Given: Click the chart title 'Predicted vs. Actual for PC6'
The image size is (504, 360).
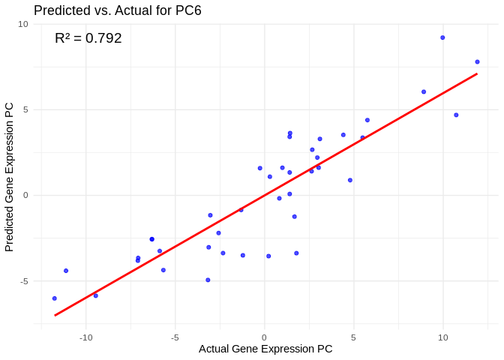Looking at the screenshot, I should pos(118,10).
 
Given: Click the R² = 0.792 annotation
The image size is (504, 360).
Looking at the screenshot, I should pos(88,38).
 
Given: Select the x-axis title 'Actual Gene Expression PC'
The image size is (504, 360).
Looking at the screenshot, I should pos(265,349).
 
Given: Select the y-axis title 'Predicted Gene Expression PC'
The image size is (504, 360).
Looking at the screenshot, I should pos(10,177).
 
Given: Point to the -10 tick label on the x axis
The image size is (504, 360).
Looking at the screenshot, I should pos(85,337).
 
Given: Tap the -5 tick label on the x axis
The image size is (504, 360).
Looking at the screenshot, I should pos(175,337).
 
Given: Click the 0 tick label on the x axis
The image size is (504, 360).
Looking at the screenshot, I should pos(264,337).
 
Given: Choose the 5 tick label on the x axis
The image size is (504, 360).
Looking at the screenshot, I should pos(353,337).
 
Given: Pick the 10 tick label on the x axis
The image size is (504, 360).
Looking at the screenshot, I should pos(442,337).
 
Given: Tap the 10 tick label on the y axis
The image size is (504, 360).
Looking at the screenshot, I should pos(23,24).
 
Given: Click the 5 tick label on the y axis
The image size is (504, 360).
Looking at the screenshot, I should pos(25,109).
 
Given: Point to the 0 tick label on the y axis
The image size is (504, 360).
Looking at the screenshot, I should pos(25,195).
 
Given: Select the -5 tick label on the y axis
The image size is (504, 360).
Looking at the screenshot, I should pos(23,280).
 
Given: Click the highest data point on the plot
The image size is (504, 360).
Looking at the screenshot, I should pos(442,37).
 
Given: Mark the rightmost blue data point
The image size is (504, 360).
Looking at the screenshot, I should pos(477,62).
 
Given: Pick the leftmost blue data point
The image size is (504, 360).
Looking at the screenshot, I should pos(54,298).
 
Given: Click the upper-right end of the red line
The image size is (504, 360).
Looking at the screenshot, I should pos(476,73).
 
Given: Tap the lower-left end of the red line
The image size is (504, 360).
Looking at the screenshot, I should pos(55,315).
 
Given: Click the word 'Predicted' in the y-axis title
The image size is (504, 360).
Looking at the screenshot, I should pos(10,228).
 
